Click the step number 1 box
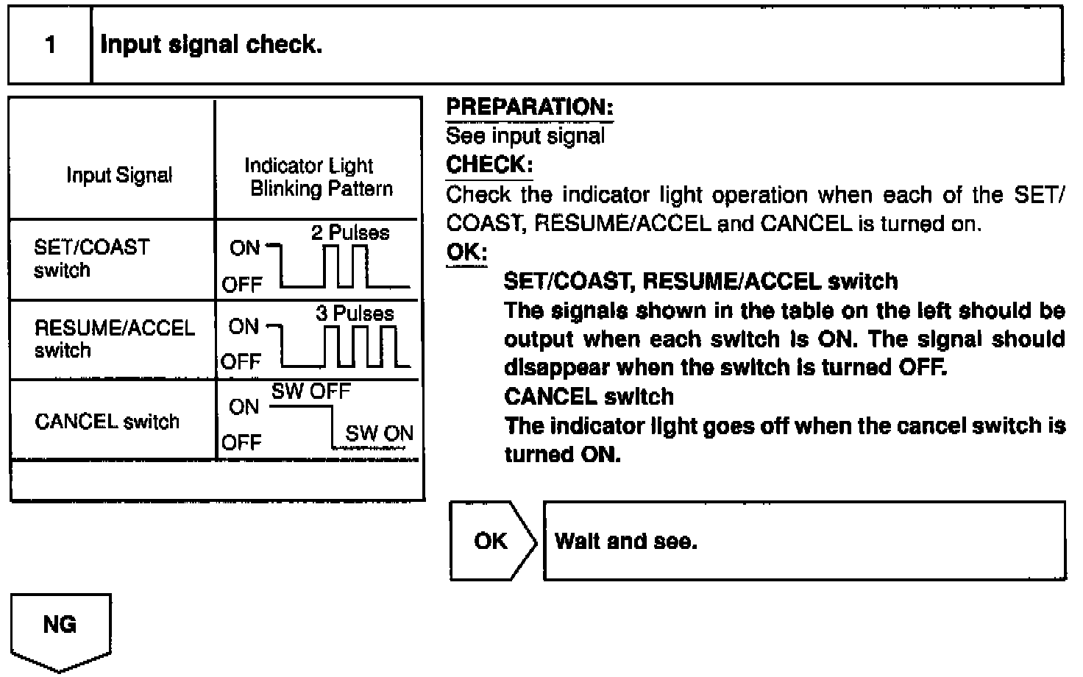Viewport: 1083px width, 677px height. coord(50,46)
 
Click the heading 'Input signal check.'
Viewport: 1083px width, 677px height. coord(211,46)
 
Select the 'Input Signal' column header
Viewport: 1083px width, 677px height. coord(119,175)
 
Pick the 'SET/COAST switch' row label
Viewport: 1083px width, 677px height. coord(91,258)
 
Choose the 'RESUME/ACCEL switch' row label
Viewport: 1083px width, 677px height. coord(114,338)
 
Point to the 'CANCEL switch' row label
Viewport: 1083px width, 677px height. coord(107,422)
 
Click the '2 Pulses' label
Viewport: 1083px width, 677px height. coord(350,233)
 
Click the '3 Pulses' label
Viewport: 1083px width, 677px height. coord(355,313)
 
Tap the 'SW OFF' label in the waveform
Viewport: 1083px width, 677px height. coord(311,391)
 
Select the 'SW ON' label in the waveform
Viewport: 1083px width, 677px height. coord(379,433)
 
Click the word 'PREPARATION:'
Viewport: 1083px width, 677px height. coord(530,107)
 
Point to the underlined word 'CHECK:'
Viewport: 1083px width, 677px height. coord(489,165)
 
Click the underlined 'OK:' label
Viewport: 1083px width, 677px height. coord(466,252)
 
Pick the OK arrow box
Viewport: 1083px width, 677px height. coord(491,542)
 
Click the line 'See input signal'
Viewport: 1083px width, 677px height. coord(525,136)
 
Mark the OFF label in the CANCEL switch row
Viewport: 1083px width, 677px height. coord(241,442)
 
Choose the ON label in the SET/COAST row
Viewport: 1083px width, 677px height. coord(245,248)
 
